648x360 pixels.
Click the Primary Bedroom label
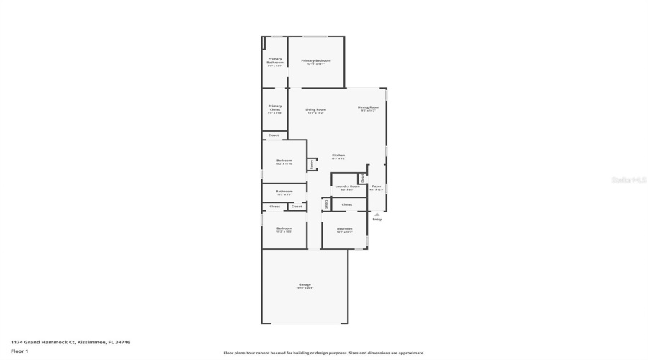pos(316,61)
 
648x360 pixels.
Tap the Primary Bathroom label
pos(275,60)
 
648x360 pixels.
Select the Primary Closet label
pos(275,107)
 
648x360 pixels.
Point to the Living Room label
pos(315,109)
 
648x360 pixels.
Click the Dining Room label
pos(368,108)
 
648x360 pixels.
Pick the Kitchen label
pos(338,156)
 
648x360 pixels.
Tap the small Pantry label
pos(312,164)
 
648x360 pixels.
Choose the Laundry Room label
pos(347,186)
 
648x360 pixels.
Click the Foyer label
pos(377,186)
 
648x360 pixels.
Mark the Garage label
pos(305,284)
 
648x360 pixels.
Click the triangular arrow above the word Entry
pos(377,214)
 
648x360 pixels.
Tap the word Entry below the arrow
pos(377,219)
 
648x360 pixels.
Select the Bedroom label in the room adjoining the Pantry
pos(284,161)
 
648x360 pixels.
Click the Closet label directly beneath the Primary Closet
pos(274,135)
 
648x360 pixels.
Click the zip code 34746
pos(122,342)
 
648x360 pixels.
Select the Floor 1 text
pos(19,351)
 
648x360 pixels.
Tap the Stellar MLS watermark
pos(628,180)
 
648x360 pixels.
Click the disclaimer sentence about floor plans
pos(323,353)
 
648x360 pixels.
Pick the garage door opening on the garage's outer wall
pos(305,323)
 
